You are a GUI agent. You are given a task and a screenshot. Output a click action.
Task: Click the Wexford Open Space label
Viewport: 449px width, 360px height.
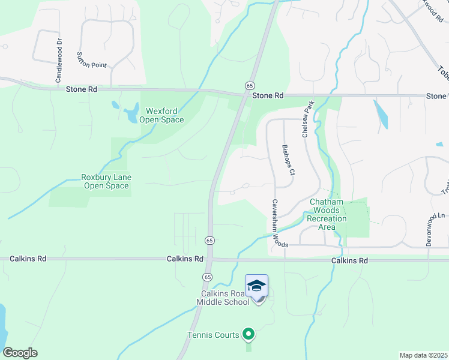coord(161,115)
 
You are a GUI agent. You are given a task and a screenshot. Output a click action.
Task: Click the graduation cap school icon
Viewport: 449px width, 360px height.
coord(256,285)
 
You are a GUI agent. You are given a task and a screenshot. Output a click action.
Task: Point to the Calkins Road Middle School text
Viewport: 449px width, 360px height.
coord(224,298)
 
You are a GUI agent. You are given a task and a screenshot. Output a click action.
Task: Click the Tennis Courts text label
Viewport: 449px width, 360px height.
coord(212,335)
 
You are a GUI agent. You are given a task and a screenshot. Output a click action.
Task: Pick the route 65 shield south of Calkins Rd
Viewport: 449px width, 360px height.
coord(207,277)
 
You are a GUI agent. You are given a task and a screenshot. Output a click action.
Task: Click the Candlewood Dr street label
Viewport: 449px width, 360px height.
coord(59,53)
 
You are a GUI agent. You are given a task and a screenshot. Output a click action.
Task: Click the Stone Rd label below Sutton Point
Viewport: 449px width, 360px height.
coord(81,89)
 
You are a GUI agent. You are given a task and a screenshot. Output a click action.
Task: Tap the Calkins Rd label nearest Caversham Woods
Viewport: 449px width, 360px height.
coord(349,261)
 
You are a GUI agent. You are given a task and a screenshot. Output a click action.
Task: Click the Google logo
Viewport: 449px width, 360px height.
coord(20,353)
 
